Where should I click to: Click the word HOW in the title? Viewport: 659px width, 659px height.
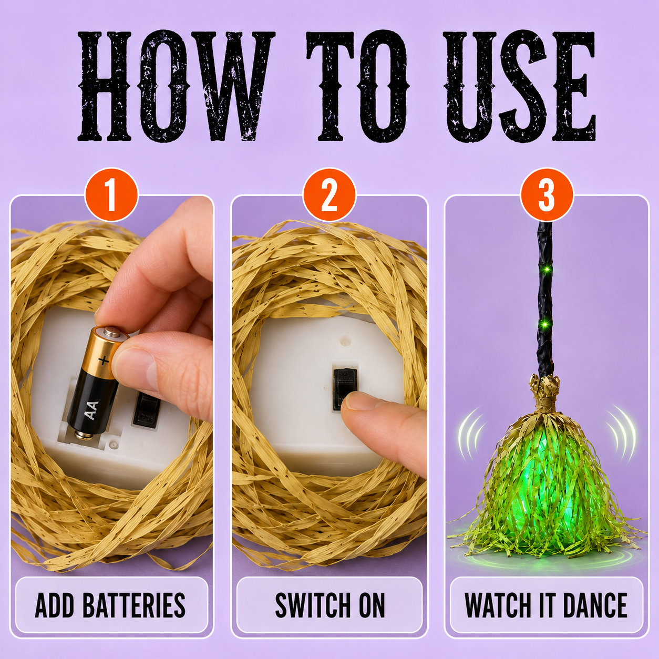tap(177, 86)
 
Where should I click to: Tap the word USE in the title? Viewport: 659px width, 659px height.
tap(519, 87)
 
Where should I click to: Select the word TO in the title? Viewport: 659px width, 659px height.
tap(357, 86)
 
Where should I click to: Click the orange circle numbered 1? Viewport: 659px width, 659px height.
tap(111, 195)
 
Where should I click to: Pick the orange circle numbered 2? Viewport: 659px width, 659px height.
tap(329, 195)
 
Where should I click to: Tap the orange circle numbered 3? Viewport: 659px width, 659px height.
tap(547, 195)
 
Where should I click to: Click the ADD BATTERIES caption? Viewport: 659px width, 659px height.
tap(110, 605)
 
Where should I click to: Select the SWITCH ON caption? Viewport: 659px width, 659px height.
tap(330, 605)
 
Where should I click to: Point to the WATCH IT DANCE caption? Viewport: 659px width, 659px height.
tap(546, 605)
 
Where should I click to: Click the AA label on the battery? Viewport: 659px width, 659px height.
tap(91, 410)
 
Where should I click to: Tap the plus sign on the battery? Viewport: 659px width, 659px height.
tap(104, 360)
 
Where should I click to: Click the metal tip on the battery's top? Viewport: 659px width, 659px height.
tap(110, 331)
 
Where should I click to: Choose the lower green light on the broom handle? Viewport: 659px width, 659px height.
tap(545, 323)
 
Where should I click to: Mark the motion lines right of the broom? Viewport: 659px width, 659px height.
tap(621, 431)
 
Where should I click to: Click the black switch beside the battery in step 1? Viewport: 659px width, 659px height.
tap(147, 409)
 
